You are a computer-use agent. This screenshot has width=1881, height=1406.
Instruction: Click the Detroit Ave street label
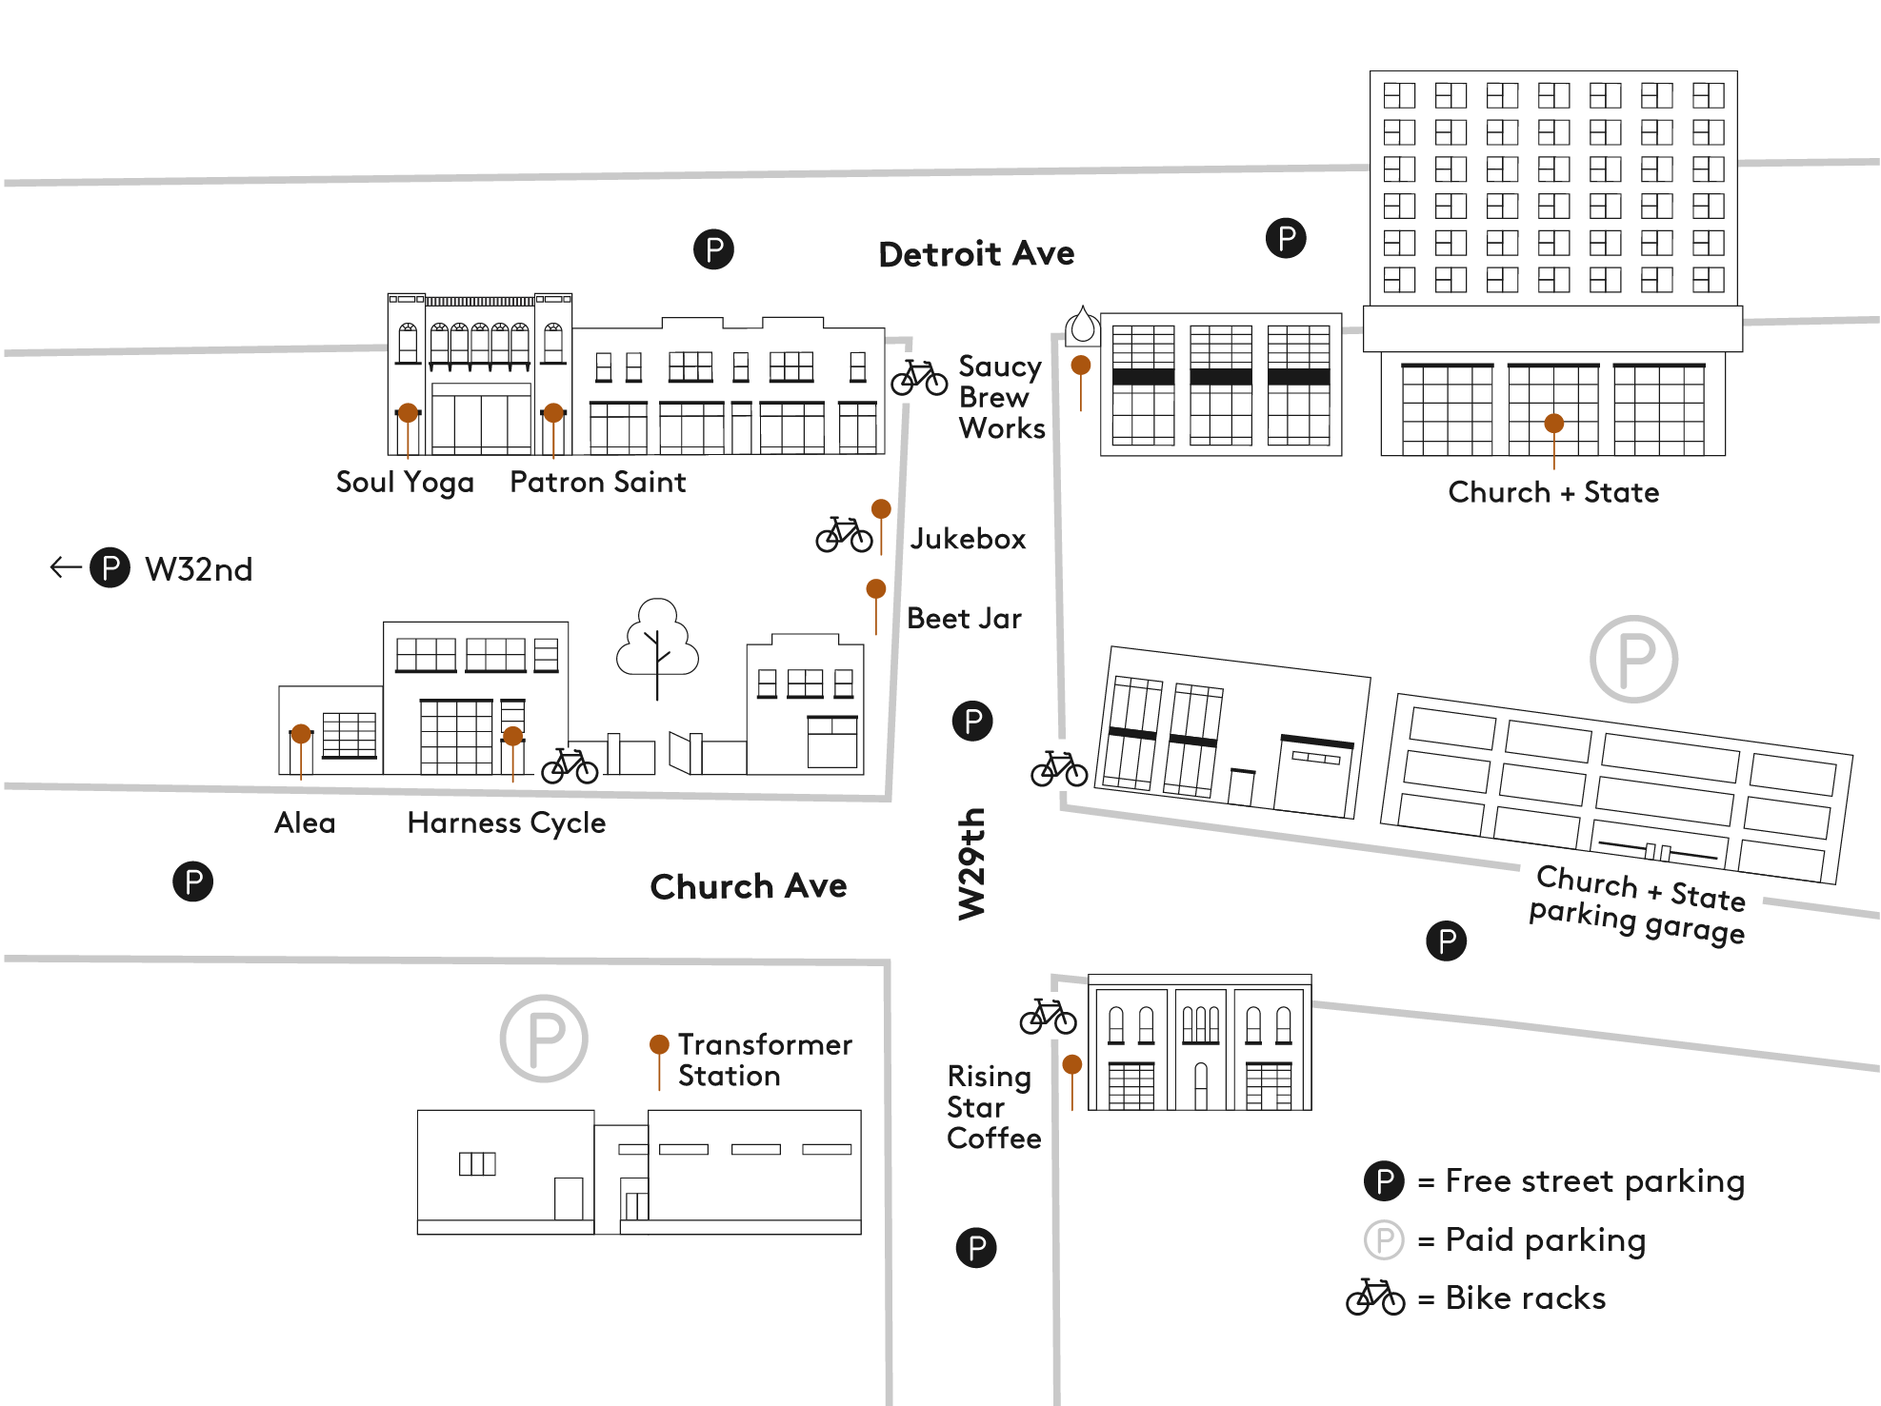coord(976,254)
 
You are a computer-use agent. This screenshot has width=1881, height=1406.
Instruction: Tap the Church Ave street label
coord(748,886)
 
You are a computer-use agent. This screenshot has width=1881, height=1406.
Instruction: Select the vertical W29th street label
coord(971,864)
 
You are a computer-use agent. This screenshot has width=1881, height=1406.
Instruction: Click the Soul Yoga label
coord(405,483)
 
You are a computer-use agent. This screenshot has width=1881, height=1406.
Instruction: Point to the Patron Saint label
coord(597,483)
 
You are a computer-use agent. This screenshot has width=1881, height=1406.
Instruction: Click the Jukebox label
coord(968,539)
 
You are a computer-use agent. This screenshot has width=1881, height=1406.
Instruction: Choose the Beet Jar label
coord(964,619)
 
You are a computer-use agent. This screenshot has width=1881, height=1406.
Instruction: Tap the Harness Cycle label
coord(506,822)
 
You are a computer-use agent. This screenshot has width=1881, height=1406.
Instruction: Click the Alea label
coord(305,822)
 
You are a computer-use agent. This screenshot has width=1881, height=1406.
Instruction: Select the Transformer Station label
coord(764,1060)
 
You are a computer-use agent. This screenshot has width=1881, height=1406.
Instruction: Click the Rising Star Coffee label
coord(992,1107)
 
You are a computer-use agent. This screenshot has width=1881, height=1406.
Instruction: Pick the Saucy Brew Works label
coord(1001,397)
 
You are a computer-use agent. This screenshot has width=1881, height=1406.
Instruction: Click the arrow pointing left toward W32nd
coord(65,568)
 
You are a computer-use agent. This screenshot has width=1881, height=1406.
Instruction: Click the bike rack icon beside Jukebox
coord(844,535)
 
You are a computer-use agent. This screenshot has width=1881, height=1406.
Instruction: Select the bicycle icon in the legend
coord(1374,1297)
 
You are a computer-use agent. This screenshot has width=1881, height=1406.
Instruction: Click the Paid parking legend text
coord(1545,1240)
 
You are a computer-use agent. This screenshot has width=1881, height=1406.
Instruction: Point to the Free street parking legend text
coord(1594,1181)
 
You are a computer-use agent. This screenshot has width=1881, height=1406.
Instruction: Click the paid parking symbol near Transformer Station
coord(544,1039)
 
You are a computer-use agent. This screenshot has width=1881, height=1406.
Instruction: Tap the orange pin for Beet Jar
coord(876,589)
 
